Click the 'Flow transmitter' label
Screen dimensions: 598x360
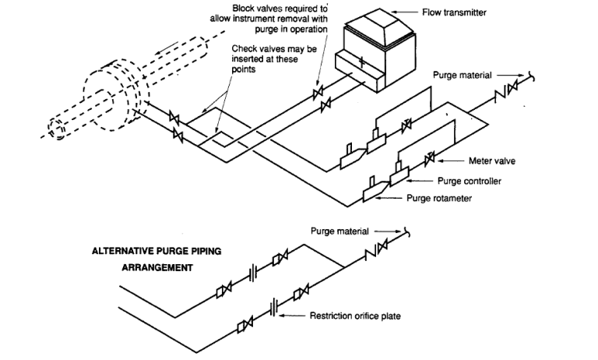454,12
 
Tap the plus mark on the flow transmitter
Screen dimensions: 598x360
361,62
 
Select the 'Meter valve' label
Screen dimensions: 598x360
491,161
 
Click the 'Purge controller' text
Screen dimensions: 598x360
469,181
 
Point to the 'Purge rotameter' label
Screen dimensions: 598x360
439,198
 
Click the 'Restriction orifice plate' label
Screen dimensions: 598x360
355,316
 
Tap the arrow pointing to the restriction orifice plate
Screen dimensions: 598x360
292,316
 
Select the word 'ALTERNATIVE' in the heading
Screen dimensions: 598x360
123,251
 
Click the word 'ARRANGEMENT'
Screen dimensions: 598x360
157,267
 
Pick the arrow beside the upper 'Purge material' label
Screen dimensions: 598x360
510,76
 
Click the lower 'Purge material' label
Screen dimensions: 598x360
339,231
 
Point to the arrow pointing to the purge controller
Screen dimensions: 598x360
420,181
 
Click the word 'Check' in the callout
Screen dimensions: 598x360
243,49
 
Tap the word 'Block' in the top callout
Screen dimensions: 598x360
243,8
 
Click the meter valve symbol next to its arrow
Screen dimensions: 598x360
430,157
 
